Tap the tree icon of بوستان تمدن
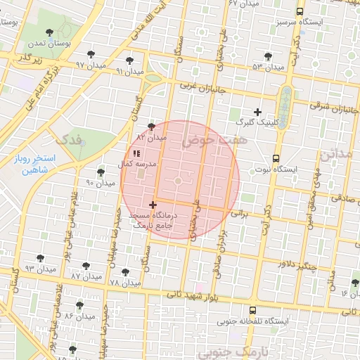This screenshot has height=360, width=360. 49,32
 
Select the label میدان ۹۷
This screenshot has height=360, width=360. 90,64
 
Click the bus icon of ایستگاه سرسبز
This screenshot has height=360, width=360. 300,12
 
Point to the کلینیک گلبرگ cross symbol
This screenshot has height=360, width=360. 258,112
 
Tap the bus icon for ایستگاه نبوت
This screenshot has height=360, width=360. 275,159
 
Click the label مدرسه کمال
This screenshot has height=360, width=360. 139,162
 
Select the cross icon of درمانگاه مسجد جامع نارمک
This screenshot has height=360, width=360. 153,205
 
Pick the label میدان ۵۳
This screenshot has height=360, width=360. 267,67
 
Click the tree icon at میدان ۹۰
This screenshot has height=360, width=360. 101,172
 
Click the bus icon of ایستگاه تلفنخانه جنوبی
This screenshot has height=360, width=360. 252,309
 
